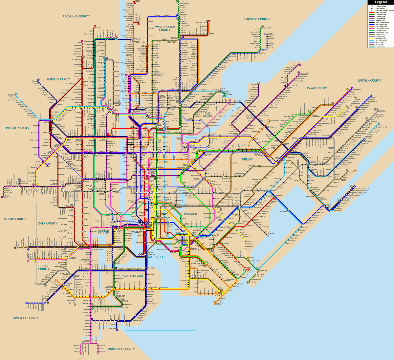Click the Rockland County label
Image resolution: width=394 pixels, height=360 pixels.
click(x=76, y=16)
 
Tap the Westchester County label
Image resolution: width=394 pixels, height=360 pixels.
click(x=165, y=29)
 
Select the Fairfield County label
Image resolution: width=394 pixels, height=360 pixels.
click(x=256, y=19)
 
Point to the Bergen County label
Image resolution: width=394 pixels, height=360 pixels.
click(x=58, y=79)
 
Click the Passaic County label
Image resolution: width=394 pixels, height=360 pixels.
click(x=17, y=128)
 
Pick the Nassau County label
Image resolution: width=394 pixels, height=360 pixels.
click(x=316, y=88)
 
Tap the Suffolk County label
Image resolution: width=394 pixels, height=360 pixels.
click(x=369, y=80)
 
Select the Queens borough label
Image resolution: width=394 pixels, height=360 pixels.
click(x=247, y=159)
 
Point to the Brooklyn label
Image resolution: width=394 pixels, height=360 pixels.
click(x=191, y=214)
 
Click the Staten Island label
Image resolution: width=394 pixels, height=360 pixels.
click(x=132, y=276)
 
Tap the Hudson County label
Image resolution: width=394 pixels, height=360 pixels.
click(x=103, y=232)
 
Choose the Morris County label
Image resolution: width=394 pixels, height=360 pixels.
click(x=15, y=219)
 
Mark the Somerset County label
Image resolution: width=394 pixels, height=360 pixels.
click(x=26, y=318)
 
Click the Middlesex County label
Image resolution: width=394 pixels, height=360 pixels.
click(x=121, y=349)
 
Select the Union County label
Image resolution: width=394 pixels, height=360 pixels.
click(x=44, y=268)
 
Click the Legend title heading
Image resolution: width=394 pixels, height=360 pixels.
click(x=381, y=2)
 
